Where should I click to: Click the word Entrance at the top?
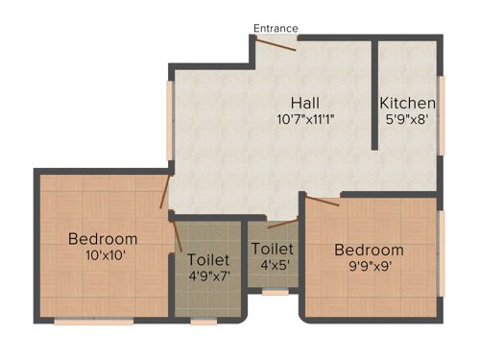click(276, 28)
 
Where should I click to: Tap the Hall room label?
click(306, 103)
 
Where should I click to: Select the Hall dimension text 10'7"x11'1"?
click(305, 119)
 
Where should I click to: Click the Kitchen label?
click(408, 103)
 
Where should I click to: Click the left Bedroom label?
click(103, 239)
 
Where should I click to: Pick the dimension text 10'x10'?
click(103, 255)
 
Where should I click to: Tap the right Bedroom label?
click(370, 250)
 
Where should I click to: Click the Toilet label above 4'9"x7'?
click(208, 259)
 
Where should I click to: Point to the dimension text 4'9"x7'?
click(208, 276)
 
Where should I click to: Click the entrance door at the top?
click(278, 37)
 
